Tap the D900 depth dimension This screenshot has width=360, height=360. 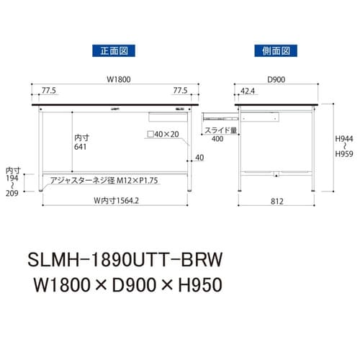[x=275, y=80]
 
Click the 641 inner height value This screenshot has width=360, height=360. [x=81, y=146]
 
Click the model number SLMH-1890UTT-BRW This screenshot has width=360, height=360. [x=126, y=258]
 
